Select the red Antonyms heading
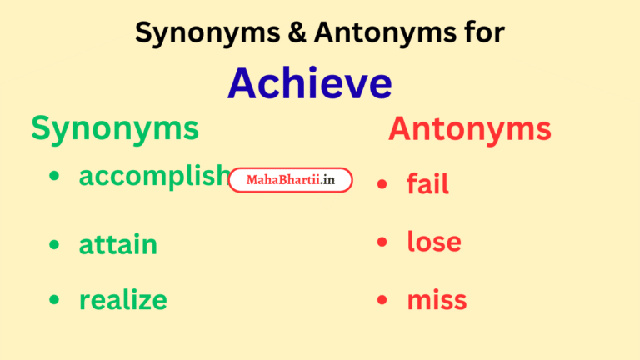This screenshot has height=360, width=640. click(469, 129)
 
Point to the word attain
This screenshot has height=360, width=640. click(118, 245)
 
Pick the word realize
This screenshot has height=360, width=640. click(123, 299)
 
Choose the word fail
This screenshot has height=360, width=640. click(427, 183)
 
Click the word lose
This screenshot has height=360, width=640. click(434, 242)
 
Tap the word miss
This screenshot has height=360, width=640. click(437, 300)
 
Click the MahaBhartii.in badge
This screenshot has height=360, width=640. click(291, 180)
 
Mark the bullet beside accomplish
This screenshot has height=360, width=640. click(54, 177)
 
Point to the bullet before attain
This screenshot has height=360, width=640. click(54, 245)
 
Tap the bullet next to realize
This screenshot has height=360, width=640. click(54, 300)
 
